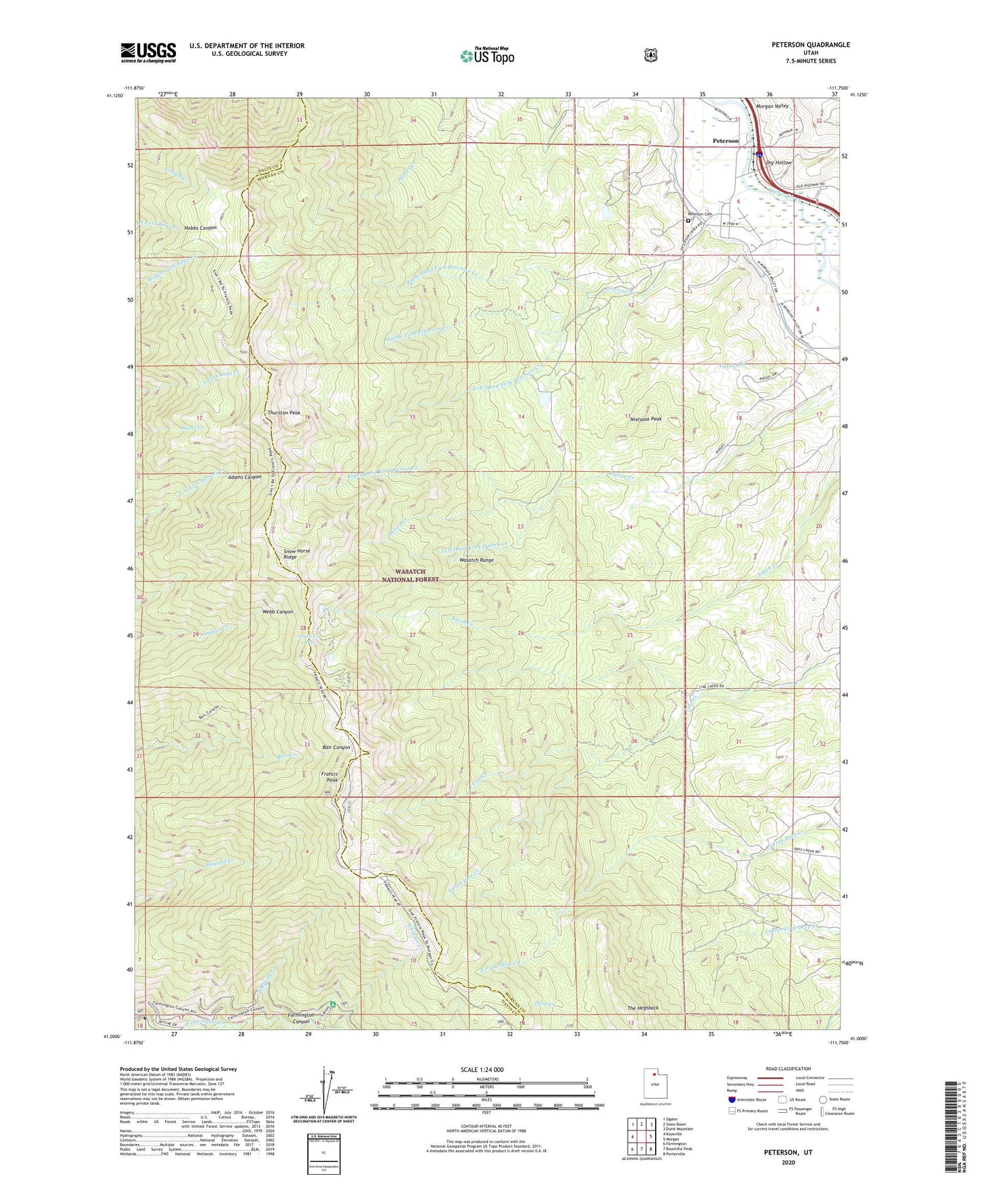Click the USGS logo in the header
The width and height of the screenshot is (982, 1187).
[x=148, y=52]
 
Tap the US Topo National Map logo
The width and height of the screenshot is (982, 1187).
[x=487, y=55]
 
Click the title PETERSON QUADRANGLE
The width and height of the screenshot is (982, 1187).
[x=801, y=45]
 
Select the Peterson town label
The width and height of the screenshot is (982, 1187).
[x=725, y=141]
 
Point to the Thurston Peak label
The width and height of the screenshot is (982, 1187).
[x=283, y=413]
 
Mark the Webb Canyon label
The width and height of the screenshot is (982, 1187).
[x=278, y=612]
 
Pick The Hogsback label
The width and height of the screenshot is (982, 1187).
[x=643, y=1008]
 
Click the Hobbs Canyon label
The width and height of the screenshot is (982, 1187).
[x=200, y=228]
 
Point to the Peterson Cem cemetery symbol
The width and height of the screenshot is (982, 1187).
[x=688, y=221]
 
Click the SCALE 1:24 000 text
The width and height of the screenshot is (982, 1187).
[x=482, y=1069]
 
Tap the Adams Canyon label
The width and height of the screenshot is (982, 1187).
[x=245, y=477]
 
